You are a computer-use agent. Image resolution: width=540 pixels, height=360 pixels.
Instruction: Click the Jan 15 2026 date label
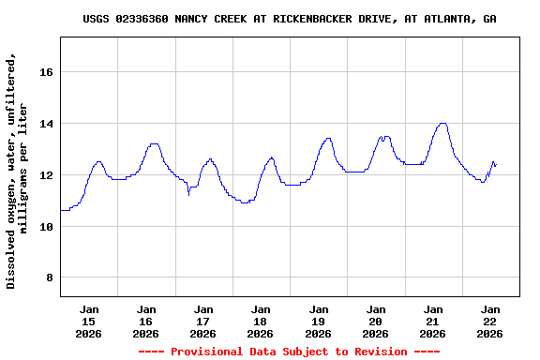coord(89,321)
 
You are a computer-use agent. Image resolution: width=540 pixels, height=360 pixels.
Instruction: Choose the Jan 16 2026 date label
coord(146,321)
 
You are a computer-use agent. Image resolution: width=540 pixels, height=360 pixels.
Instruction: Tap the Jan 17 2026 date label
coord(203,321)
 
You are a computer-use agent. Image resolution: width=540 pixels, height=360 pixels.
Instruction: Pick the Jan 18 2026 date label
coord(261,321)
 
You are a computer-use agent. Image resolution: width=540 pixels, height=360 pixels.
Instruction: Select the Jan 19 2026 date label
coord(318,321)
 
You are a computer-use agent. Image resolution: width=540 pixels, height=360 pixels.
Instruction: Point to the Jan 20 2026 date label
coord(375,321)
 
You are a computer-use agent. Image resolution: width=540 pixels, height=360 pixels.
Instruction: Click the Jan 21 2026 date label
coord(432,321)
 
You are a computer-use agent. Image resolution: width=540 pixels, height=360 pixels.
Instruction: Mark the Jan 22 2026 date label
coord(489,321)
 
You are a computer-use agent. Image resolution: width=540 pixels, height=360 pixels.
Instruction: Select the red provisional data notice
coord(289,352)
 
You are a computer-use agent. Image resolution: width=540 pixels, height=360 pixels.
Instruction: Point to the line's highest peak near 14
coord(442,123)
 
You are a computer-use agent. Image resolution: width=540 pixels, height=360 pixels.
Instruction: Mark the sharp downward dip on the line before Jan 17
coord(189,194)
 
